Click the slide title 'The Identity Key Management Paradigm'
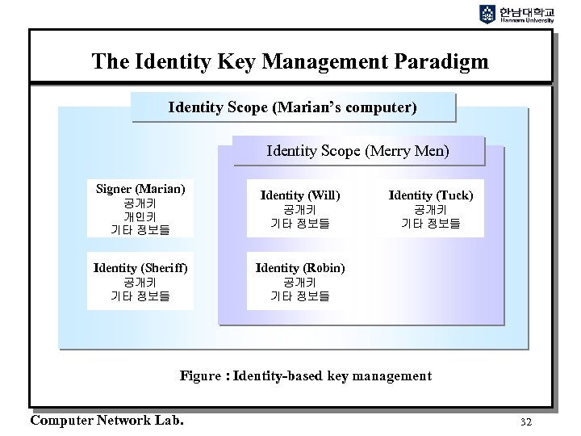click(290, 61)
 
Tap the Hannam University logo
click(517, 15)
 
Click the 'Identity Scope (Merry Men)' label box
click(357, 150)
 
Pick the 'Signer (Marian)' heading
click(140, 189)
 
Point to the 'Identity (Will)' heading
click(300, 195)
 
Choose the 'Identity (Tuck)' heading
click(431, 195)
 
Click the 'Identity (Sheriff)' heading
click(140, 267)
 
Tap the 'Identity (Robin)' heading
click(300, 267)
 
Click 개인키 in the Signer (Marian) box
click(140, 216)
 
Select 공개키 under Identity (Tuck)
click(431, 209)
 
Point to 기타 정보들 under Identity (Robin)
click(299, 296)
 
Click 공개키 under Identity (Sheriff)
click(140, 282)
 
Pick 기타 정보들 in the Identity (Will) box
click(299, 224)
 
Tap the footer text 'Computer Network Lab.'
click(107, 420)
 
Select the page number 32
click(526, 421)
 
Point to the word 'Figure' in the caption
click(201, 375)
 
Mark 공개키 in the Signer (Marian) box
click(140, 203)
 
